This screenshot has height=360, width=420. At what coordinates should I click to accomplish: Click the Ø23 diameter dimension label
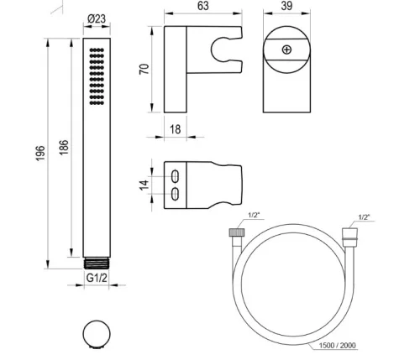pos(97,18)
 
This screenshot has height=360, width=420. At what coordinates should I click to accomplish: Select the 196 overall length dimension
pos(40,154)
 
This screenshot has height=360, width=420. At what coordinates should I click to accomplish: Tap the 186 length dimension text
pos(64,148)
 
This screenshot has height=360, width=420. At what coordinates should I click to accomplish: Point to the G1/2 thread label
pos(97,278)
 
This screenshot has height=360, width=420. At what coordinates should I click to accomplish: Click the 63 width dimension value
pos(203,6)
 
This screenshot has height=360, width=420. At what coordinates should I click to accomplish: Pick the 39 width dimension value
pos(286,6)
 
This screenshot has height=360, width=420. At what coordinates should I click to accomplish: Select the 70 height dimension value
pos(144,69)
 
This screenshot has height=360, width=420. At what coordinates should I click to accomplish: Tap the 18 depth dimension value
pos(176,129)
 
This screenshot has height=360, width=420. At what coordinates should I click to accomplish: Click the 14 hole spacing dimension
pos(144,185)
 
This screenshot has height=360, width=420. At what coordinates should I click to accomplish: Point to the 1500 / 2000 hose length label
pos(337,346)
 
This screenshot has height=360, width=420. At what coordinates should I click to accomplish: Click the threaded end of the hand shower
pos(96,263)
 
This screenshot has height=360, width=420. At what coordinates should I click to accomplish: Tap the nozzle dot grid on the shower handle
pos(97,76)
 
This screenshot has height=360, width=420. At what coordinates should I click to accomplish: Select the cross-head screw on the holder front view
pos(286,50)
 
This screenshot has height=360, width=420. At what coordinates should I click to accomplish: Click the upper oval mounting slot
pos(175,176)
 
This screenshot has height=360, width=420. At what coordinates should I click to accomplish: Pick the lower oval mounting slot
pos(175,194)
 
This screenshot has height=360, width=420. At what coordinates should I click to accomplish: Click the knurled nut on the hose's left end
pos(237,232)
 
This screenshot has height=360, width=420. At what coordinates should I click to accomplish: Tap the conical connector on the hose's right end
pos(349,234)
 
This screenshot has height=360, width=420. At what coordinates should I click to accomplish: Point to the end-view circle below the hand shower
pos(97,334)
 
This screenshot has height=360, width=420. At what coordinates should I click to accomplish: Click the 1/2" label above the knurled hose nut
pos(254,215)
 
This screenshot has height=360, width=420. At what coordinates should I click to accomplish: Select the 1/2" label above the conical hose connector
pos(364,217)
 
